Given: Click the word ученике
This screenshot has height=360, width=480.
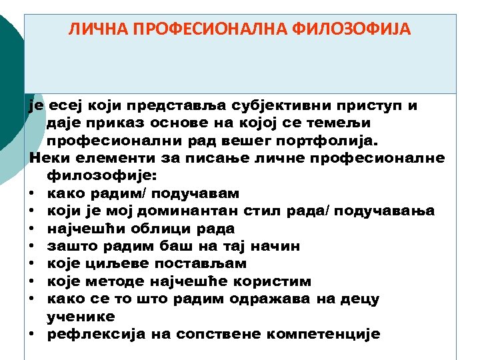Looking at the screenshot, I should [x=81, y=317].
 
